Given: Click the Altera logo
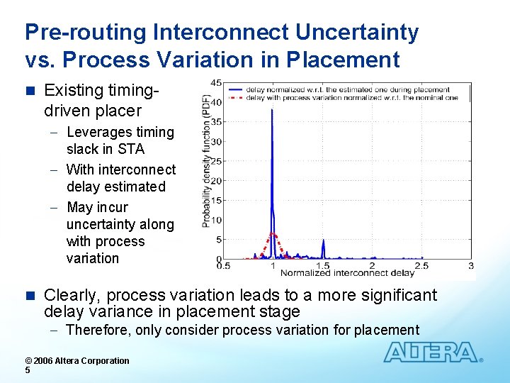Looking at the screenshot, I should [431, 353].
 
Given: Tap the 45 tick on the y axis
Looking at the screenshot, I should [217, 82].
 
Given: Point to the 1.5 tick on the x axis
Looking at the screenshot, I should [322, 265].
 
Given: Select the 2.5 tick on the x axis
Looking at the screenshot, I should [421, 265].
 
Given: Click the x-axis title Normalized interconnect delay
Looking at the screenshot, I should [347, 273].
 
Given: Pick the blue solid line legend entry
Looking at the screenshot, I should [347, 90].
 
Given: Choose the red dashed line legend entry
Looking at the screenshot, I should [347, 98].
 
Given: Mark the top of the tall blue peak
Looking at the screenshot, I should [272, 109].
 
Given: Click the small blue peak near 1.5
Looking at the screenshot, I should [323, 241].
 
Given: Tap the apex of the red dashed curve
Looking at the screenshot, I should [273, 233].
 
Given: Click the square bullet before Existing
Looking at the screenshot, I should [29, 91].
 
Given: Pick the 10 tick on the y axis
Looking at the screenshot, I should [217, 220].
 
